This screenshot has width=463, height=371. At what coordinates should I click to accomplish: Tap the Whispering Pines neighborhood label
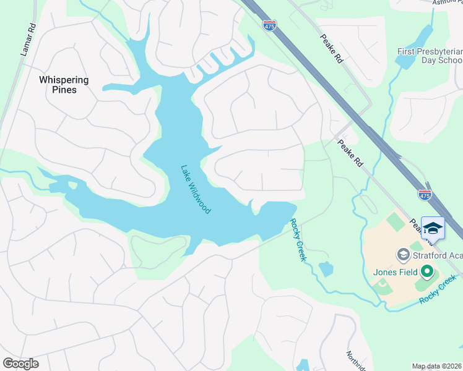pyautogui.click(x=64, y=85)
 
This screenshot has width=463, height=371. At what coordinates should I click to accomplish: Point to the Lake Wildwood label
pyautogui.click(x=196, y=189)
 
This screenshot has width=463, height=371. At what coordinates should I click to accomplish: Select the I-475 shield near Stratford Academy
pyautogui.click(x=424, y=195)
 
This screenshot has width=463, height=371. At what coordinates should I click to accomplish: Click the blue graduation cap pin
pyautogui.click(x=433, y=228)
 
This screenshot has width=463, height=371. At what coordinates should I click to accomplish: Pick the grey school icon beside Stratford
pyautogui.click(x=403, y=255)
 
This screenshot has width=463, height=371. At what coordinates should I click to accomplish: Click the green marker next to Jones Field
pyautogui.click(x=427, y=271)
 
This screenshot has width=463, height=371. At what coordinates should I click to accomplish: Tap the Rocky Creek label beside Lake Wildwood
pyautogui.click(x=298, y=240)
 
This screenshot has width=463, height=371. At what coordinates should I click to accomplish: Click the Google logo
pyautogui.click(x=20, y=364)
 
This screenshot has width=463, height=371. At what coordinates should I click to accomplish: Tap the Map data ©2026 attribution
pyautogui.click(x=437, y=366)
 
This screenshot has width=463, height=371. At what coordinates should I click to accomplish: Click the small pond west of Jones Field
pyautogui.click(x=326, y=269)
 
